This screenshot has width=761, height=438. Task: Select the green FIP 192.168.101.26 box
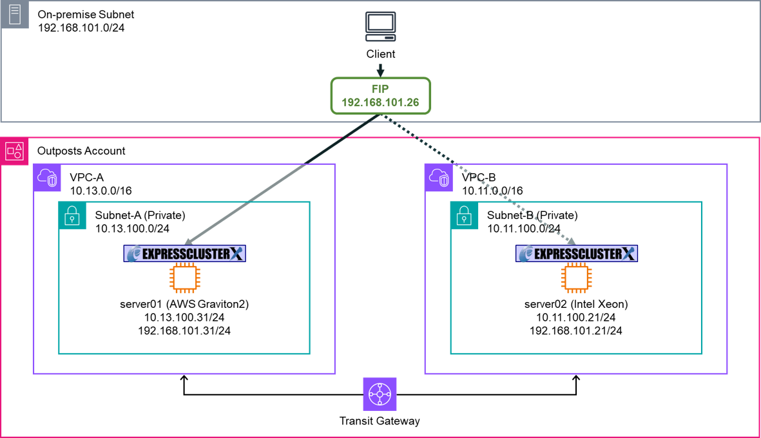tap(380, 96)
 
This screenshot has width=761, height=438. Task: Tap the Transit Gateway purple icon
tap(380, 394)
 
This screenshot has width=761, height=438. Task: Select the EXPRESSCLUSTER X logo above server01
tap(184, 254)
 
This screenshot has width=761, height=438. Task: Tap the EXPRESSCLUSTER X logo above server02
tap(576, 254)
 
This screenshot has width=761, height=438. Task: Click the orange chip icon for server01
tap(184, 278)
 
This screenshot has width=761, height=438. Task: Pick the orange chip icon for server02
tap(576, 278)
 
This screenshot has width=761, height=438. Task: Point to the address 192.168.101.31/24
tap(184, 331)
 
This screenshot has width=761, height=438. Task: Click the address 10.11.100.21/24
tap(576, 318)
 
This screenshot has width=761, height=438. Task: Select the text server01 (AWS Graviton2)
tap(184, 304)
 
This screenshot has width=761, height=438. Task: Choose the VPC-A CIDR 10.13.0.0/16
tap(101, 191)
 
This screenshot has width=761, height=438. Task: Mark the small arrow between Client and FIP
tap(380, 70)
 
